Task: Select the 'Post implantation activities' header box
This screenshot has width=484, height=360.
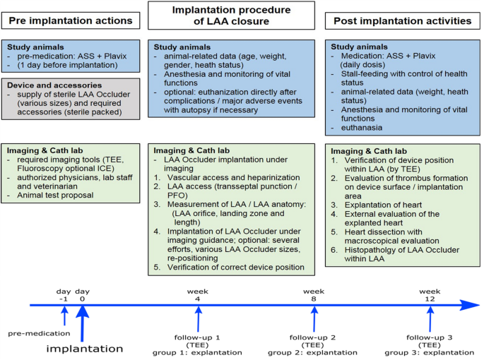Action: (402, 21)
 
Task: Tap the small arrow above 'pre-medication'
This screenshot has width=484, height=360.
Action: (64, 317)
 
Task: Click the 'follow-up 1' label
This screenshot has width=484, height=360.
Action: (199, 336)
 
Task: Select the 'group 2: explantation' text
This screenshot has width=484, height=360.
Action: (313, 352)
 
